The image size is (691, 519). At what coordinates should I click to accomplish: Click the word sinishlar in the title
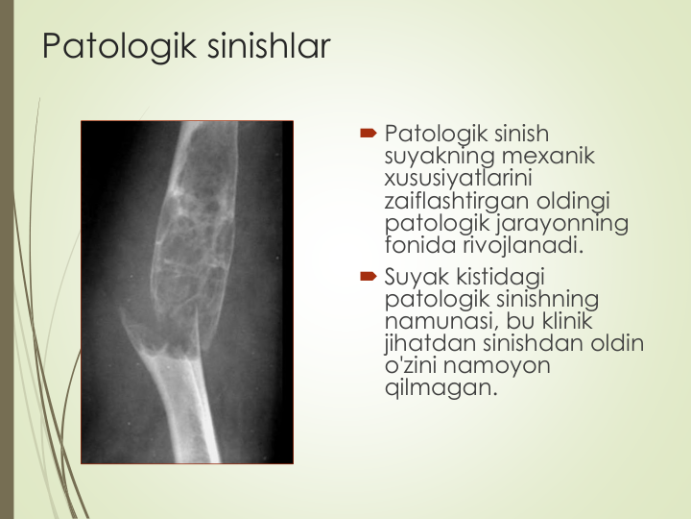(269, 45)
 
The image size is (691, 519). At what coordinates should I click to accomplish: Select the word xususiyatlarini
(459, 178)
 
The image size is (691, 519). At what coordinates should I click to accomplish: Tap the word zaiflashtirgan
(457, 201)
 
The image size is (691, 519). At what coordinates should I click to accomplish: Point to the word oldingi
(573, 201)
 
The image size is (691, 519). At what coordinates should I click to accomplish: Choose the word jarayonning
(562, 223)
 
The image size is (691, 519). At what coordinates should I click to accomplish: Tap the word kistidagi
(501, 277)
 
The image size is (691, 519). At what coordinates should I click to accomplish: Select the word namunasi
(441, 321)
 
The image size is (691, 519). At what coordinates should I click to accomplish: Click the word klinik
(567, 320)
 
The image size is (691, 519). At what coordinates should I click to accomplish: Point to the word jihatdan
(430, 343)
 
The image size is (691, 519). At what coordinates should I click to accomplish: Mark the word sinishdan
(534, 342)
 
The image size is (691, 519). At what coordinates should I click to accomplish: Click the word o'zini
(411, 365)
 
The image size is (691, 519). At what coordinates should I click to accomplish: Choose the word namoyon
(497, 366)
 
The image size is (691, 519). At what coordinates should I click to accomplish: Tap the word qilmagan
(441, 388)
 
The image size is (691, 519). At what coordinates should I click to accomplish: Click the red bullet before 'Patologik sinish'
(369, 133)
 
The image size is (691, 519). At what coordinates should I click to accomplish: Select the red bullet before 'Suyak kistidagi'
(369, 277)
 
